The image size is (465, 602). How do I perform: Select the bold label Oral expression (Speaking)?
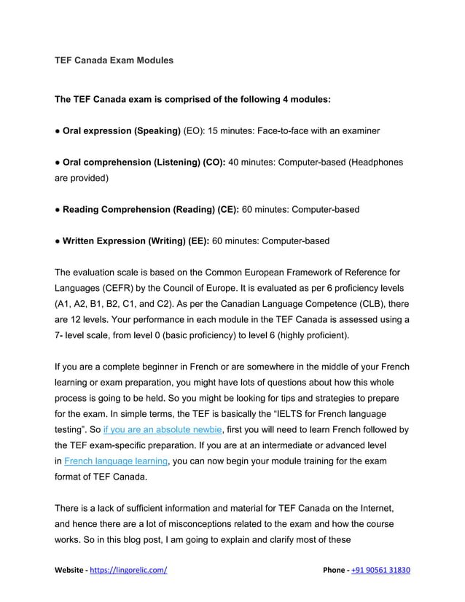click(x=122, y=130)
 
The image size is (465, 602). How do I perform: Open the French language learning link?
click(x=117, y=461)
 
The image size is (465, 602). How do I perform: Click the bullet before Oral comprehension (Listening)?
click(x=58, y=162)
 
